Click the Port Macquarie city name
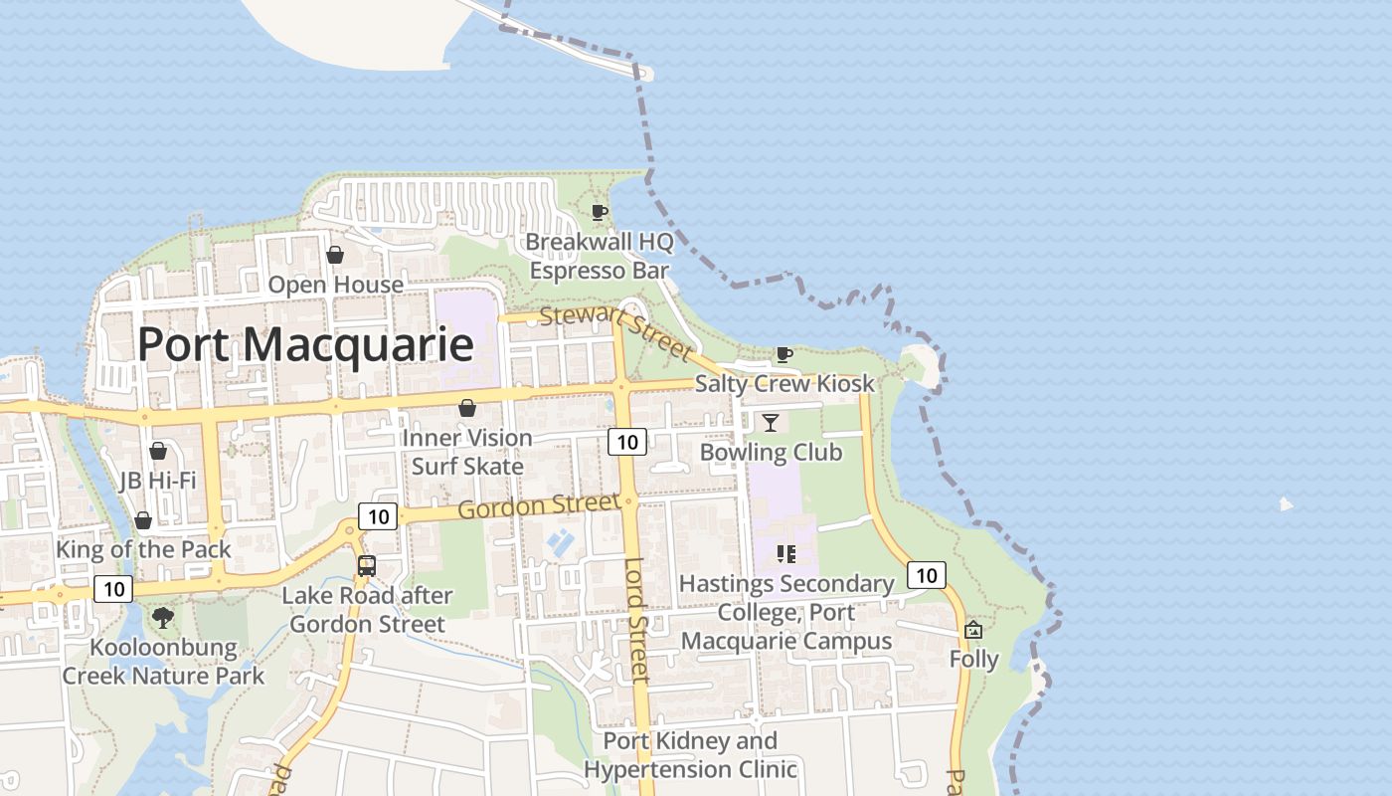[x=304, y=344]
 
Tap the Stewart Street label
[x=615, y=333]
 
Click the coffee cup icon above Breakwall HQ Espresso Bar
[x=600, y=212]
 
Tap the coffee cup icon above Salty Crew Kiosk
[x=783, y=354]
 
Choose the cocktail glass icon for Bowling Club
[x=771, y=423]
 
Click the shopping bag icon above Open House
[x=335, y=255]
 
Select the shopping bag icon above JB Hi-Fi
[x=157, y=451]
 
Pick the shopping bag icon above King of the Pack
[x=143, y=520]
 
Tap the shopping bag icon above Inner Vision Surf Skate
[x=467, y=408]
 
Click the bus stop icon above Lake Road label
[x=367, y=566]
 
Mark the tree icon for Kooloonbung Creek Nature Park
[x=163, y=618]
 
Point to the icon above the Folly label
[x=973, y=630]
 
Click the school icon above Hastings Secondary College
[x=786, y=554]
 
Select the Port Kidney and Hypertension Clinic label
[x=690, y=755]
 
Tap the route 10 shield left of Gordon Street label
[x=378, y=516]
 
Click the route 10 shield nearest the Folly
[x=927, y=575]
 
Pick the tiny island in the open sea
[x=1286, y=504]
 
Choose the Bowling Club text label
[x=771, y=453]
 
